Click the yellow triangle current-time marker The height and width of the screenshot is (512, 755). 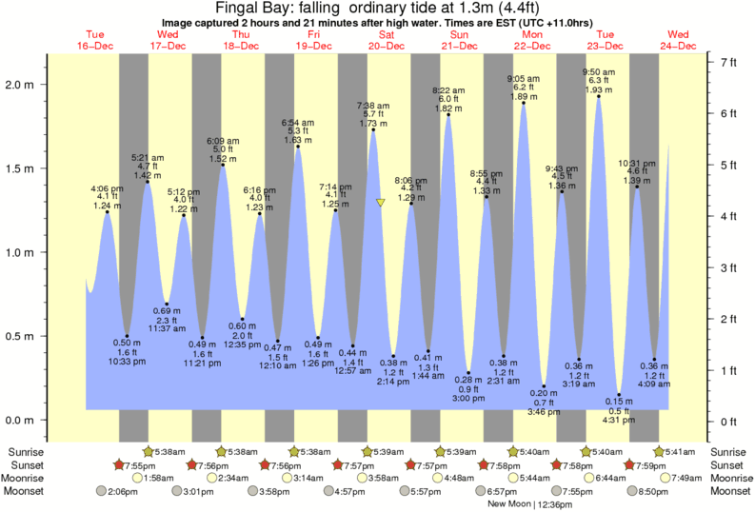point(381,202)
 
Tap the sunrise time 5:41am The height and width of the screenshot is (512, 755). point(679,452)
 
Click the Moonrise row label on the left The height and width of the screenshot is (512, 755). point(30,478)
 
